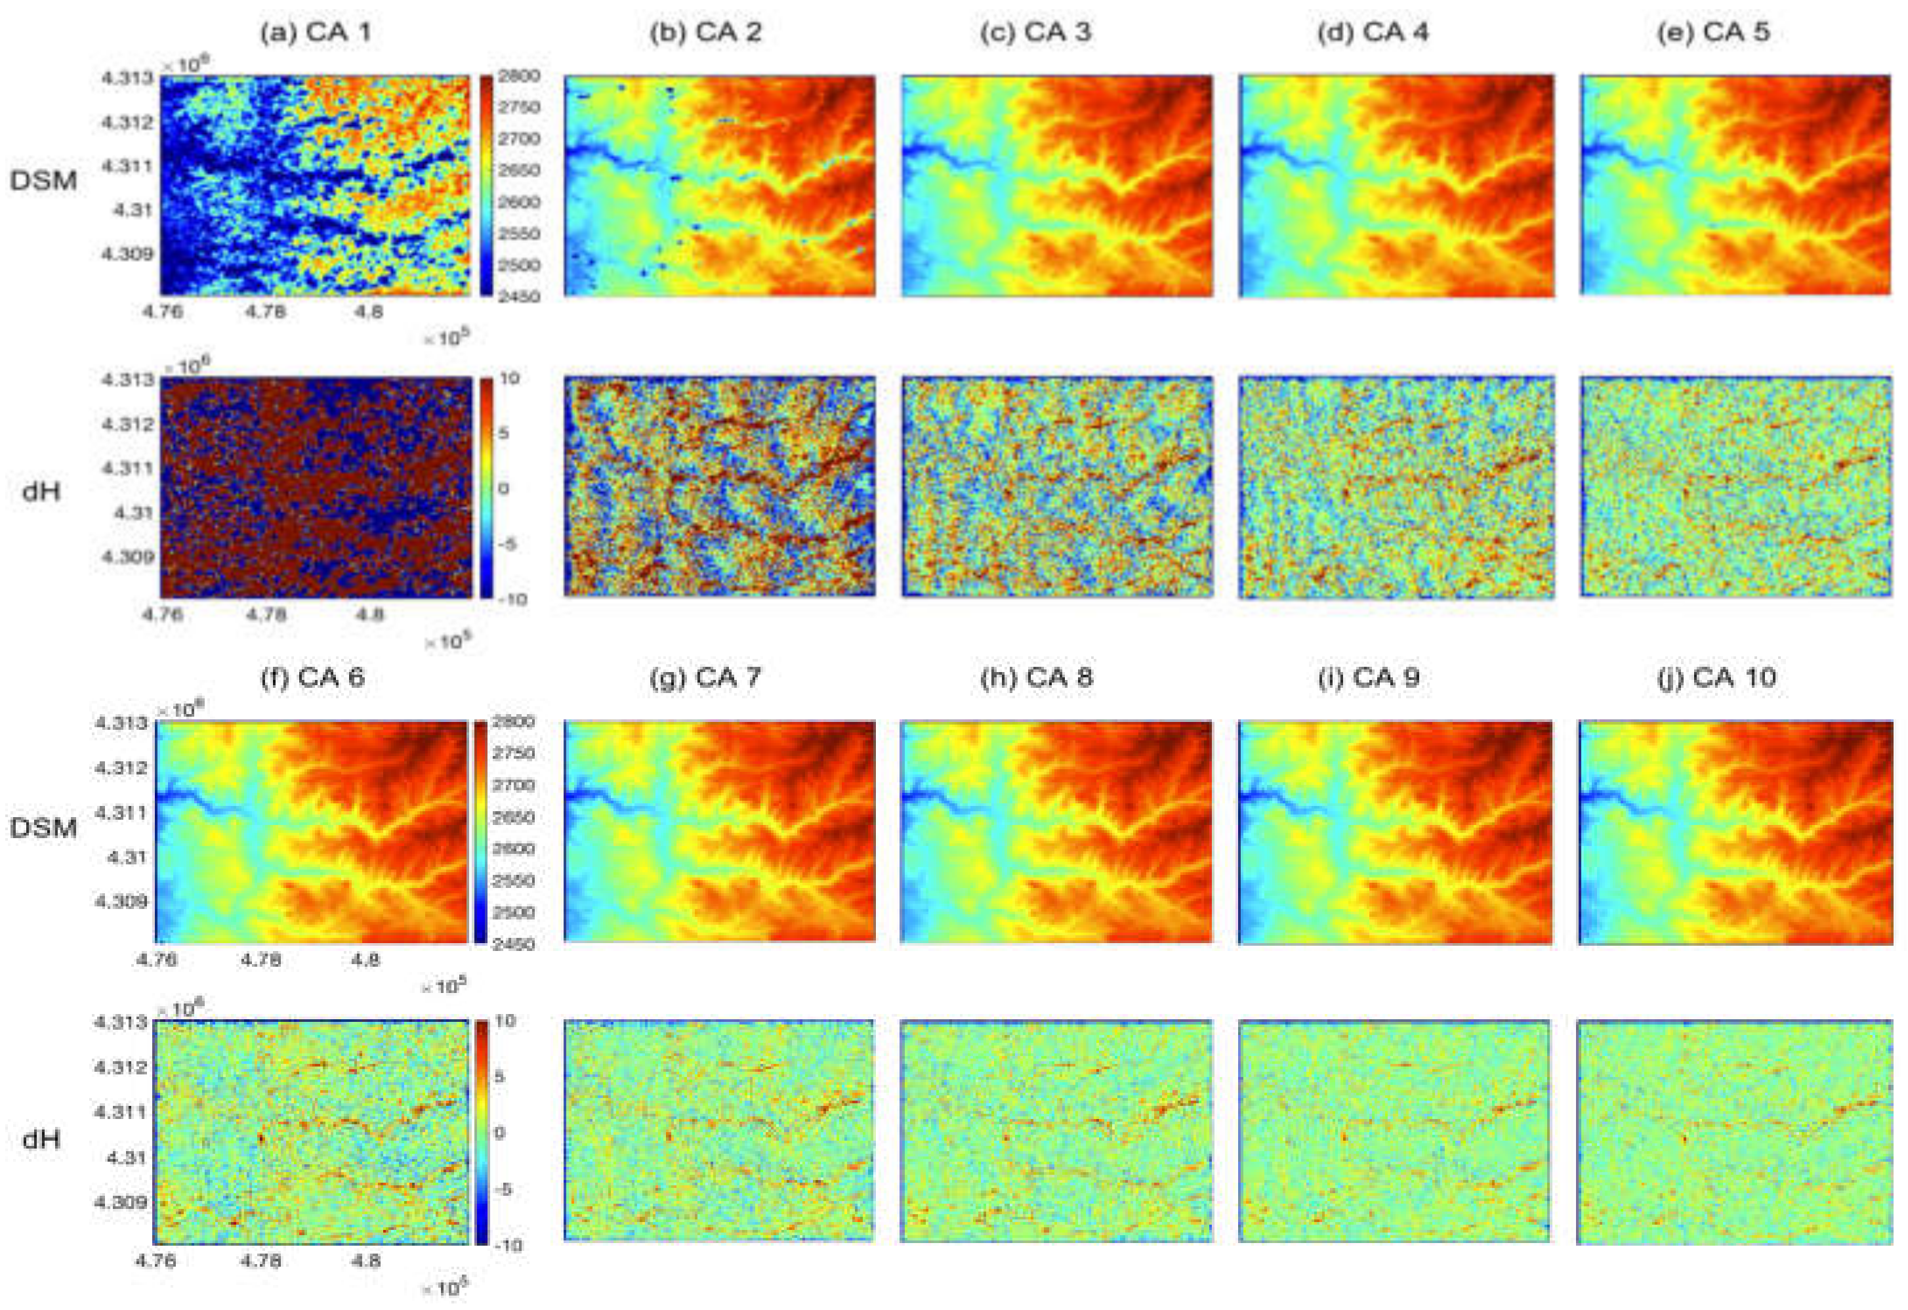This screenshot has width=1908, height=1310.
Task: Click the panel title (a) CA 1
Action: click(x=315, y=33)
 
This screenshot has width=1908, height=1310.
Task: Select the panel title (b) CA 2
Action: click(x=705, y=33)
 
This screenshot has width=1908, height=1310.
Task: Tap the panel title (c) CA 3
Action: click(x=1035, y=33)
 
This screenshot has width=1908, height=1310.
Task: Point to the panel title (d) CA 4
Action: click(x=1373, y=33)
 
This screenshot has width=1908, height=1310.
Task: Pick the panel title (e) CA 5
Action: click(x=1713, y=33)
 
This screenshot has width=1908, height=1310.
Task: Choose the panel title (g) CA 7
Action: click(x=705, y=679)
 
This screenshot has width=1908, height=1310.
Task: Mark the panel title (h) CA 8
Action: click(x=1036, y=679)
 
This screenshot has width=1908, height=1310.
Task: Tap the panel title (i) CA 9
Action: click(x=1369, y=679)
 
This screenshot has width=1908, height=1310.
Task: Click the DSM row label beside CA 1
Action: click(x=43, y=180)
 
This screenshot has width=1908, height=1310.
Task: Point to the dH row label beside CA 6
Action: click(x=41, y=1139)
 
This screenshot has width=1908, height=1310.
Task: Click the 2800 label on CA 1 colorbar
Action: click(x=520, y=76)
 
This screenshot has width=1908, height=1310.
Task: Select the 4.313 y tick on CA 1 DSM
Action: click(x=127, y=79)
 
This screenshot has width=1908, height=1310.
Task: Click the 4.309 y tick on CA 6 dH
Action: click(x=122, y=1202)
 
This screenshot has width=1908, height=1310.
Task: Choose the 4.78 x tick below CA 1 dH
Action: click(x=266, y=615)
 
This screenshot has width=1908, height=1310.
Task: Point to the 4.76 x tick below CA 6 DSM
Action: click(x=157, y=960)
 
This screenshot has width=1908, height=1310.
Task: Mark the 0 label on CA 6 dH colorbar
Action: click(x=499, y=1133)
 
